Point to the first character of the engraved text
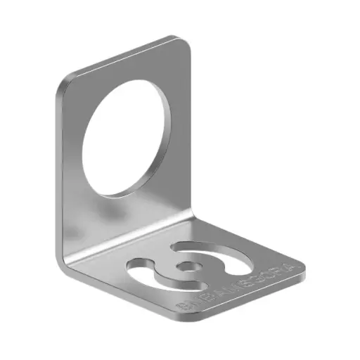tap(182, 308)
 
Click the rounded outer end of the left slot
tap(131, 266)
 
